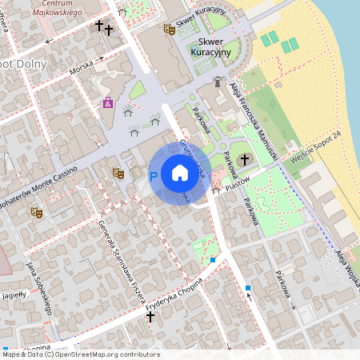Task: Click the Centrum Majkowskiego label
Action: coord(63,10)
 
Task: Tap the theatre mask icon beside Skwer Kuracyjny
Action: coord(169,29)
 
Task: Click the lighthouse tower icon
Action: coord(217,81)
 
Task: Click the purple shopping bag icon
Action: coord(108,102)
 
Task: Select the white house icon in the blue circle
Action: coord(179,172)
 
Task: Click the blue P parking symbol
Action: coord(154,175)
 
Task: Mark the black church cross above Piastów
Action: coord(245,160)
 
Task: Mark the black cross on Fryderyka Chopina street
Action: coord(150,317)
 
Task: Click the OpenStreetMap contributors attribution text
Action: coord(104,354)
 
